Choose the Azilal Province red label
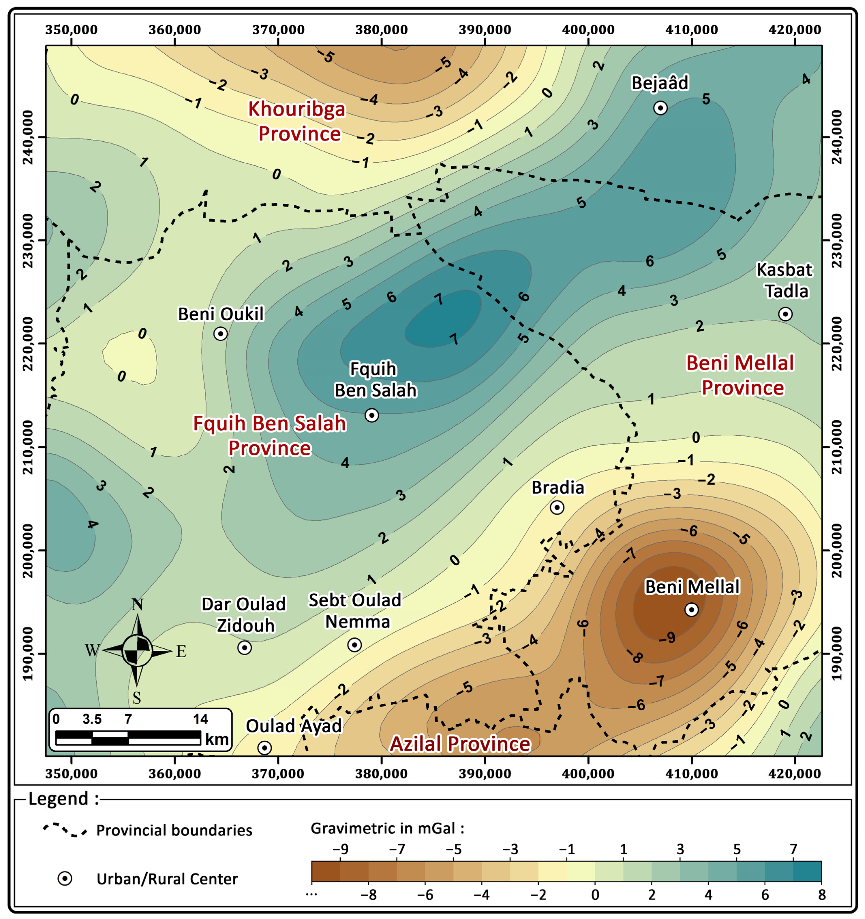(460, 744)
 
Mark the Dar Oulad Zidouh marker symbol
(244, 648)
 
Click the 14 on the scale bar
(201, 719)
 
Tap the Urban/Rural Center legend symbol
(65, 878)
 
